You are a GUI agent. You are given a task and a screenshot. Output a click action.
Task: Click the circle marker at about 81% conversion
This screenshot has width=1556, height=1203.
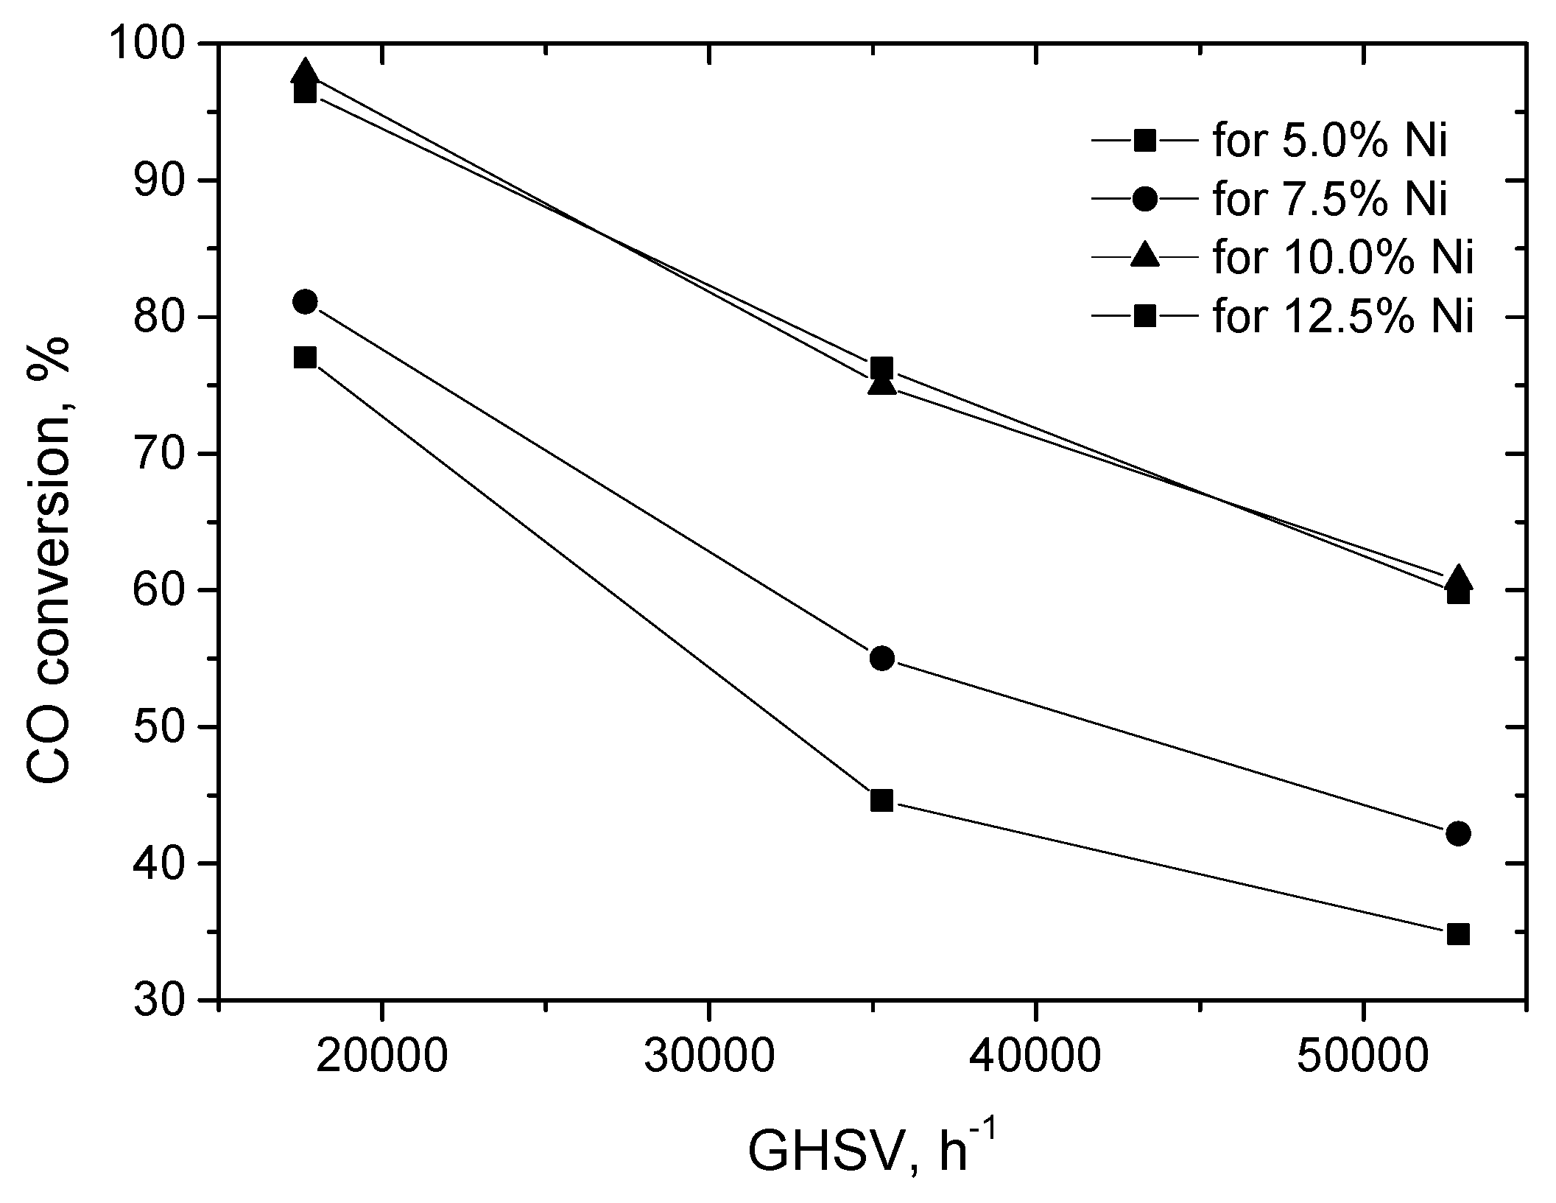tap(305, 301)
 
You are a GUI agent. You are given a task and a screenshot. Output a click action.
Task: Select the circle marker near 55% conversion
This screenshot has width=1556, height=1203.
tap(881, 659)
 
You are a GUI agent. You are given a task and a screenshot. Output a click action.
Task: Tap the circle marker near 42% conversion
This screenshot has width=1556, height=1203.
tap(1458, 833)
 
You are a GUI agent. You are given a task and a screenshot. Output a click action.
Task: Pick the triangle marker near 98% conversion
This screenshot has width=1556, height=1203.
tap(305, 72)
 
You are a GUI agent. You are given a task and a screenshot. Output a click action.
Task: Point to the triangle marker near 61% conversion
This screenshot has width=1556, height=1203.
tap(1458, 580)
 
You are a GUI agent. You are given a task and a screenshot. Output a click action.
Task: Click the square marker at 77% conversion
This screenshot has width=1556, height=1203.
tap(305, 357)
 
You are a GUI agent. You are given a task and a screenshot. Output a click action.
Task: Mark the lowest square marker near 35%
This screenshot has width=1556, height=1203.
tap(1458, 935)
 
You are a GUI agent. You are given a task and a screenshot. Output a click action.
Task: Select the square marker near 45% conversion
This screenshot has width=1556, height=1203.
tap(881, 801)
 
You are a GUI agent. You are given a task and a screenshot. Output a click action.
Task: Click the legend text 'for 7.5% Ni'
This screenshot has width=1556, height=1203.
tap(1329, 200)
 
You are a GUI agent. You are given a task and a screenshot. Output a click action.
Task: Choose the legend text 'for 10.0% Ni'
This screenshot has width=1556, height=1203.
tap(1342, 259)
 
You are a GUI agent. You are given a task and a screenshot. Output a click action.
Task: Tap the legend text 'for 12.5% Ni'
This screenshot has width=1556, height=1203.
tap(1342, 318)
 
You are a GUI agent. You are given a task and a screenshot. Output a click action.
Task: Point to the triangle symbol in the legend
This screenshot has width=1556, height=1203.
tap(1145, 257)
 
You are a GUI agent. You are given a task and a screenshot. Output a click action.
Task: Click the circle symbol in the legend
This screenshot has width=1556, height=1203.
tap(1145, 200)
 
